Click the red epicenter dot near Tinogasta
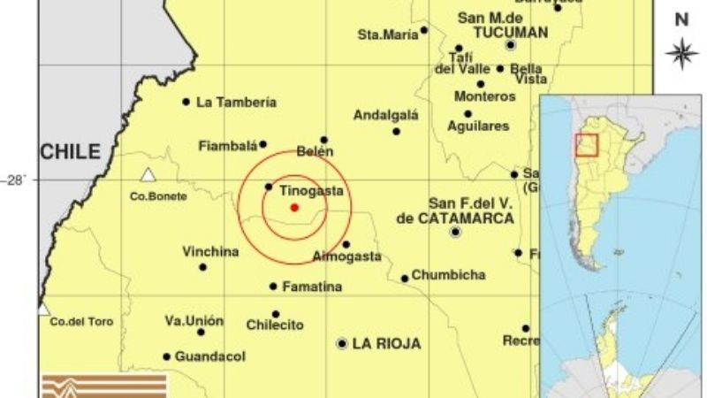click(294, 208)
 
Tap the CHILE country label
click(70, 151)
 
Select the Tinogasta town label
click(311, 190)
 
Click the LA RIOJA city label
click(386, 343)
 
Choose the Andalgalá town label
click(385, 115)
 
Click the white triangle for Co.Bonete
click(148, 175)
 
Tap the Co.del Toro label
click(81, 322)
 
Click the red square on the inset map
click(587, 144)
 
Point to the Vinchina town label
click(210, 252)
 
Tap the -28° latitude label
click(14, 180)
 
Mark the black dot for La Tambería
click(186, 102)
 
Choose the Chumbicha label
click(448, 275)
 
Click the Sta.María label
click(385, 34)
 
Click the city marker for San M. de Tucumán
click(510, 44)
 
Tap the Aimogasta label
click(347, 257)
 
